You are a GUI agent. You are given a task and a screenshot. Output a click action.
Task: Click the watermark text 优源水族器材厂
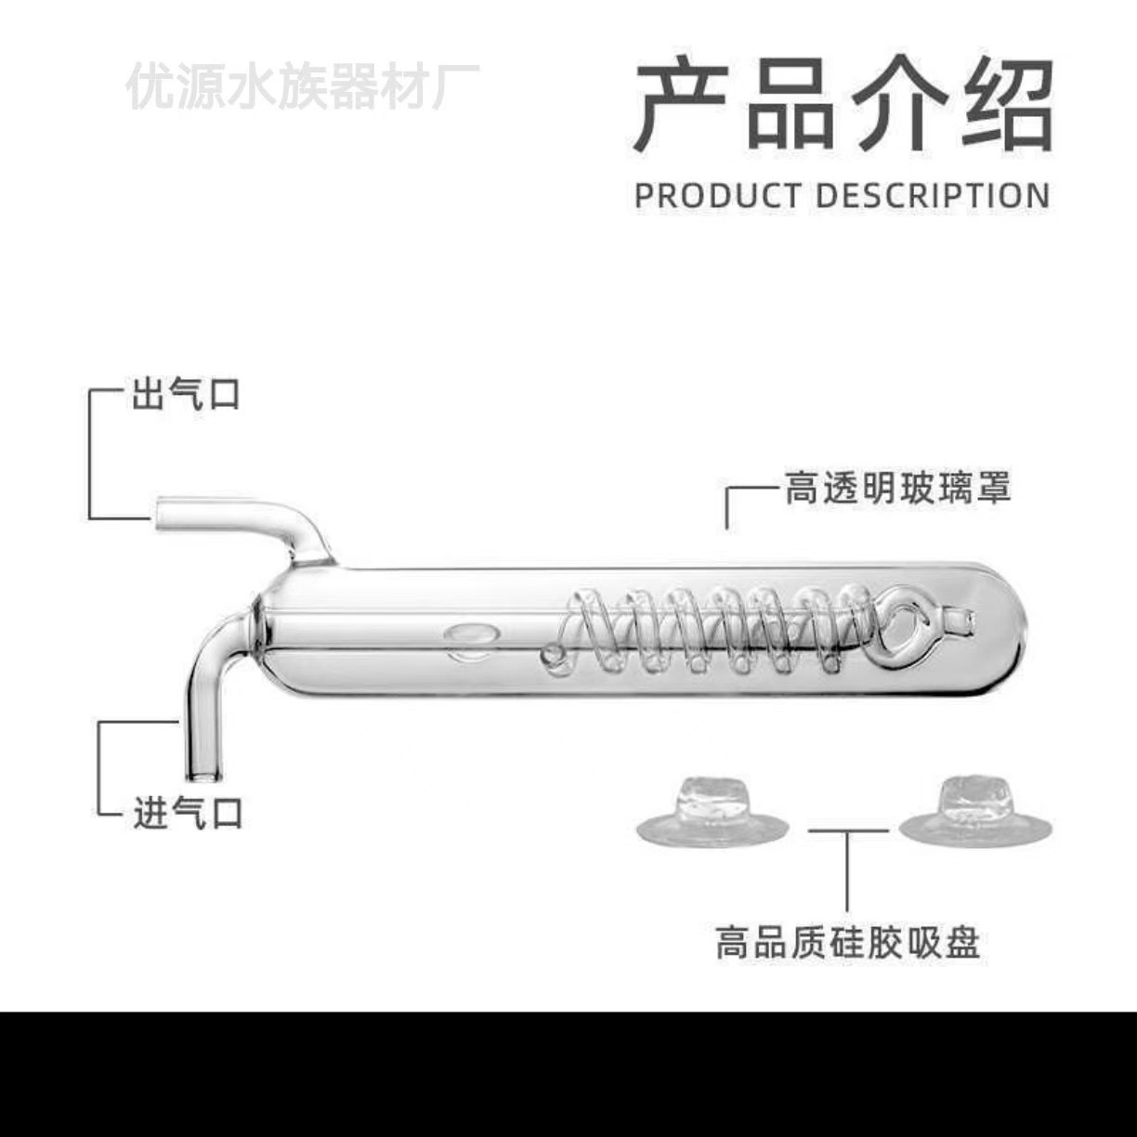pos(303,86)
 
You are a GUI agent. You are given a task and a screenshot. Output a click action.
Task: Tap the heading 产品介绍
pos(843,104)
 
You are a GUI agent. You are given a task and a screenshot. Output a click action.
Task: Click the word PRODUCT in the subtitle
pos(717,196)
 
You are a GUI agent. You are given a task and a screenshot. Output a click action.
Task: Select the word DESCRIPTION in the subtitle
pos(934,196)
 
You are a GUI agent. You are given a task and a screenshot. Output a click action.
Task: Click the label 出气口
pos(186,394)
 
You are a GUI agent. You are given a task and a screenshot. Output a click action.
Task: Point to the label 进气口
pos(188,814)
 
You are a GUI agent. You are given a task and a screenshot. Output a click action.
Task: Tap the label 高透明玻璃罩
pos(897,488)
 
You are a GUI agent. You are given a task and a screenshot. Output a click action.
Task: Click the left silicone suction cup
pos(712,811)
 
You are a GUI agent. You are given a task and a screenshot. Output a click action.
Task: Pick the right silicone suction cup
pos(975,811)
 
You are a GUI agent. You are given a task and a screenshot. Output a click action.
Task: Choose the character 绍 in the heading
pos(1007,104)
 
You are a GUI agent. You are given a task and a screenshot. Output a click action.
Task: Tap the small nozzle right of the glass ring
pos(959,616)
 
